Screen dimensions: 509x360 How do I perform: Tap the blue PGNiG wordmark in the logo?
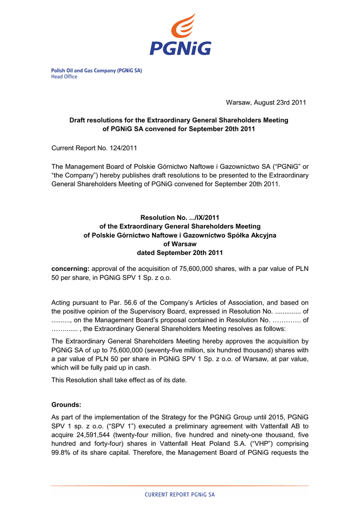click(180, 48)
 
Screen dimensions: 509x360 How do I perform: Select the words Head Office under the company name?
click(64, 77)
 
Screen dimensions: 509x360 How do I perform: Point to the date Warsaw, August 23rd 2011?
click(266, 102)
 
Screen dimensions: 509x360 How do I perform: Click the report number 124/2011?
click(120, 148)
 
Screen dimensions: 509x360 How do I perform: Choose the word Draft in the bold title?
click(78, 120)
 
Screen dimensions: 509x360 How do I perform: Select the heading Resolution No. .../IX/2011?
click(180, 218)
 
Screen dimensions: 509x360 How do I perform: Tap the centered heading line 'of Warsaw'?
click(180, 244)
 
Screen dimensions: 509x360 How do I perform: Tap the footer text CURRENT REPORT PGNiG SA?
click(180, 495)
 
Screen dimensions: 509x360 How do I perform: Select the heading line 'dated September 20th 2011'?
click(180, 253)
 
